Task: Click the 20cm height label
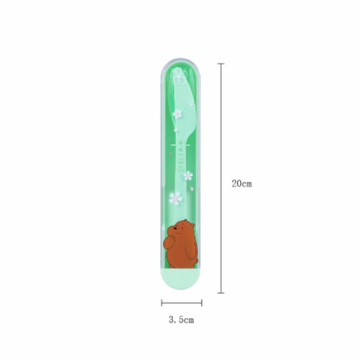(242, 184)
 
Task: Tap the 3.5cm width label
(181, 319)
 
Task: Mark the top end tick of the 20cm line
(221, 64)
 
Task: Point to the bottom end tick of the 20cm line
(221, 293)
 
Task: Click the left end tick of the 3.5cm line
(161, 303)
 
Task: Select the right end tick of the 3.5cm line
(202, 303)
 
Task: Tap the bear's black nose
(175, 229)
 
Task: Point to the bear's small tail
(197, 261)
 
